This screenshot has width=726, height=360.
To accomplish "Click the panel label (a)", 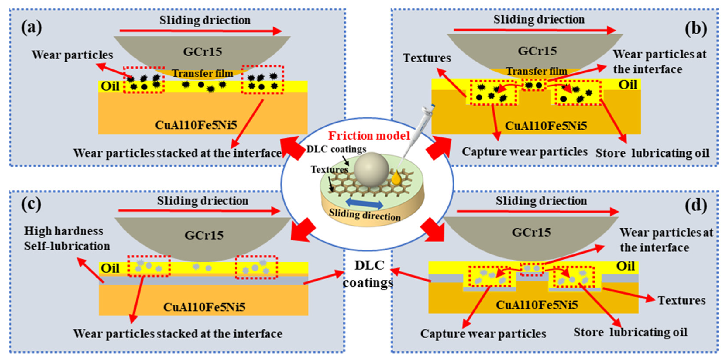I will (x=32, y=28).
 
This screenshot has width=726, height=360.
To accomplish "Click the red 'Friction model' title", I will (x=369, y=136).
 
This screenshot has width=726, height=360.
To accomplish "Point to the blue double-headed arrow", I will (x=364, y=203).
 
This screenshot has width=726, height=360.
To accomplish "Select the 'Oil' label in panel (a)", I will (x=110, y=86).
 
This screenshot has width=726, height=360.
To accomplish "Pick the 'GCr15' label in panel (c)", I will (x=204, y=235).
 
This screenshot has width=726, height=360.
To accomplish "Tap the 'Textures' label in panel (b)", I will (x=427, y=58).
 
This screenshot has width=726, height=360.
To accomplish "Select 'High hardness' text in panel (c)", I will (x=64, y=231).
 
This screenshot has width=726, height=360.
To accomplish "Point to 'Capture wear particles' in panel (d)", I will (x=483, y=334).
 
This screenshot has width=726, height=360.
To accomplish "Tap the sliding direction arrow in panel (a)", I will (x=200, y=31).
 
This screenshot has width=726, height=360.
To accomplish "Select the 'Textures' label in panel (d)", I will (x=681, y=301).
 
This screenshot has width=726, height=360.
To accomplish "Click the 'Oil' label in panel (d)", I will (x=625, y=266).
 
